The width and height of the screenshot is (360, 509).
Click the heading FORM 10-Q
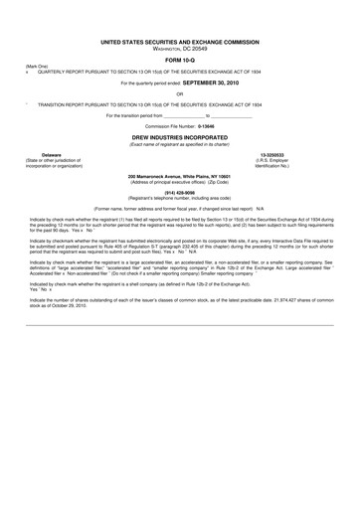coord(180,62)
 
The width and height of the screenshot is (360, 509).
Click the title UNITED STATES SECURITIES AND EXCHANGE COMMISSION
coord(180,44)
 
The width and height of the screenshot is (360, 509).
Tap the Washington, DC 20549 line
coord(180,50)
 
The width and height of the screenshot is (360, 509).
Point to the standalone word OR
coord(180,93)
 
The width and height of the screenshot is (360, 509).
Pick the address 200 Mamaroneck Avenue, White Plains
coord(180,176)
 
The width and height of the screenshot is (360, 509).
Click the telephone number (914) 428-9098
coord(180,195)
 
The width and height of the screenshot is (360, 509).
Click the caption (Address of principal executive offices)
coord(180,182)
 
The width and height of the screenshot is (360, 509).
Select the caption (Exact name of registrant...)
coord(180,144)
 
